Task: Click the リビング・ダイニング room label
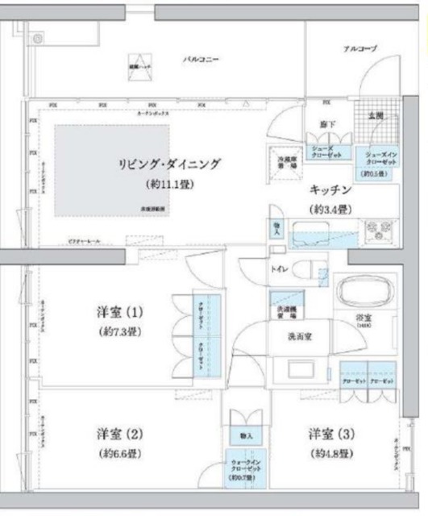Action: coord(168,164)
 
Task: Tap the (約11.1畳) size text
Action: coord(168,184)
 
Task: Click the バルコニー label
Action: coord(201,60)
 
